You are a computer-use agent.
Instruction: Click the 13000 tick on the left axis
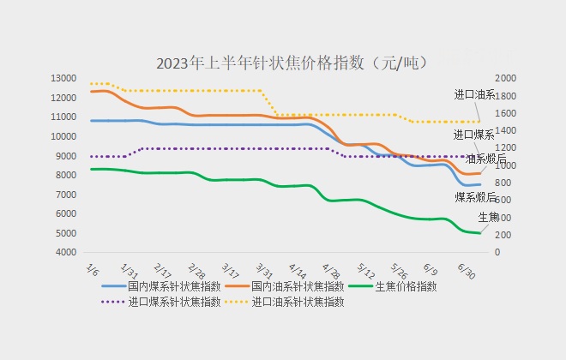point(63,78)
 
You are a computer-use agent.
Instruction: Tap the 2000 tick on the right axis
point(506,78)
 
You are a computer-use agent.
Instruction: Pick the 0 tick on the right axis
point(497,253)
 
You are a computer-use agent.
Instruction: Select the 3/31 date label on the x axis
point(262,270)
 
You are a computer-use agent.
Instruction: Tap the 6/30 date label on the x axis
point(467,270)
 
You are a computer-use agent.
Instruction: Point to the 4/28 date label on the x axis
point(330,270)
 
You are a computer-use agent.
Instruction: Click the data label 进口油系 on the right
point(474,94)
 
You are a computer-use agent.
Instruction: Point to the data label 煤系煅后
point(474,197)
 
